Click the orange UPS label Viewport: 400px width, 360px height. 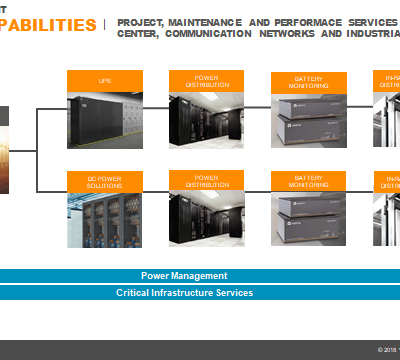coord(104,80)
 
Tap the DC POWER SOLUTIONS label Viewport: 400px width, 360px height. coord(104,181)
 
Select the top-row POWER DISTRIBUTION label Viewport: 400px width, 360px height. coord(207,80)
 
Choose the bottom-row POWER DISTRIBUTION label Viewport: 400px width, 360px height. coord(207,180)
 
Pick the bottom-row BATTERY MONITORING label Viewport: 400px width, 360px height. coord(309,181)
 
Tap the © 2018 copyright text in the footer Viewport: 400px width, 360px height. coord(387,349)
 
